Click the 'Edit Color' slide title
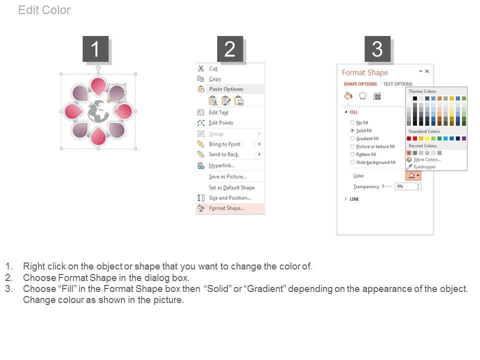44,10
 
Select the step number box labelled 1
95,48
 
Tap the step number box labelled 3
377,48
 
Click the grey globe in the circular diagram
98,111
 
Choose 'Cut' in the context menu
213,68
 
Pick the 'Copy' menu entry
215,79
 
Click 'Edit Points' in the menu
221,123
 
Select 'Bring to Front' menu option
224,144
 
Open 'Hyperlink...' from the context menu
222,165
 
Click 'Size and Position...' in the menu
230,198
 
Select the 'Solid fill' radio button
352,130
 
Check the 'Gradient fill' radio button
352,138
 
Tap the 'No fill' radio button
352,122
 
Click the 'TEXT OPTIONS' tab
397,84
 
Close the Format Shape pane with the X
427,71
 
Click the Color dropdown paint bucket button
413,175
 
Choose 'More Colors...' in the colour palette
427,159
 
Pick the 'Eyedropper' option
424,167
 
